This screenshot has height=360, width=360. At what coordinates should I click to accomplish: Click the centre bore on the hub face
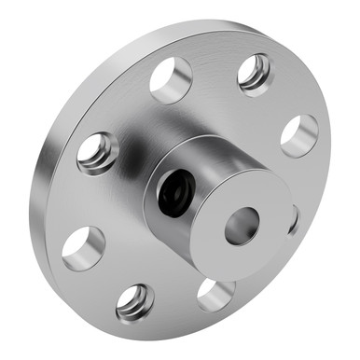[x=242, y=225]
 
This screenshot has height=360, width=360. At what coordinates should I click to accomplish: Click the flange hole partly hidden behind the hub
[x=293, y=220]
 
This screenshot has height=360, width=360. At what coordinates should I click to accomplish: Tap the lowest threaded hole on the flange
[x=136, y=301]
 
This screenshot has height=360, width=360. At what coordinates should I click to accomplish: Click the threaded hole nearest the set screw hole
[x=98, y=153]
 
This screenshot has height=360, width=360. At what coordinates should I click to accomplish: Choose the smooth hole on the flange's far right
[x=298, y=136]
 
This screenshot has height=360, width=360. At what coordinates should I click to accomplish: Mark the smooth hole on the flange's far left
[x=84, y=248]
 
